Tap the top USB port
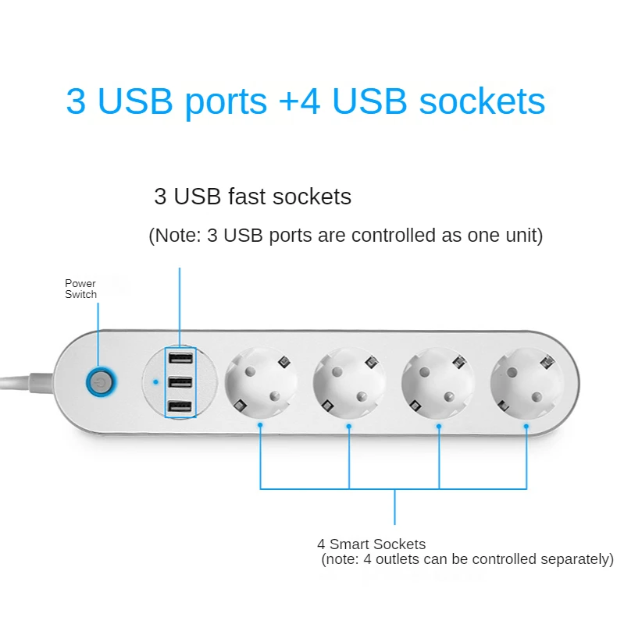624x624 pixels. [x=180, y=359]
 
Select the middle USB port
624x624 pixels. [x=180, y=383]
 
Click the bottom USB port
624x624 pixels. [x=180, y=407]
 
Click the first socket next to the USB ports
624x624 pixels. [x=261, y=383]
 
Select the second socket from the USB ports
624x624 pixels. [x=349, y=383]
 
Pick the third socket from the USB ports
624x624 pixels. [x=438, y=383]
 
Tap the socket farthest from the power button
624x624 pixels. [x=526, y=383]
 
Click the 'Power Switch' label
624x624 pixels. [x=80, y=289]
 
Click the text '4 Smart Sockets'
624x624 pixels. [x=371, y=544]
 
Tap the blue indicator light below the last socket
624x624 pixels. [x=526, y=426]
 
